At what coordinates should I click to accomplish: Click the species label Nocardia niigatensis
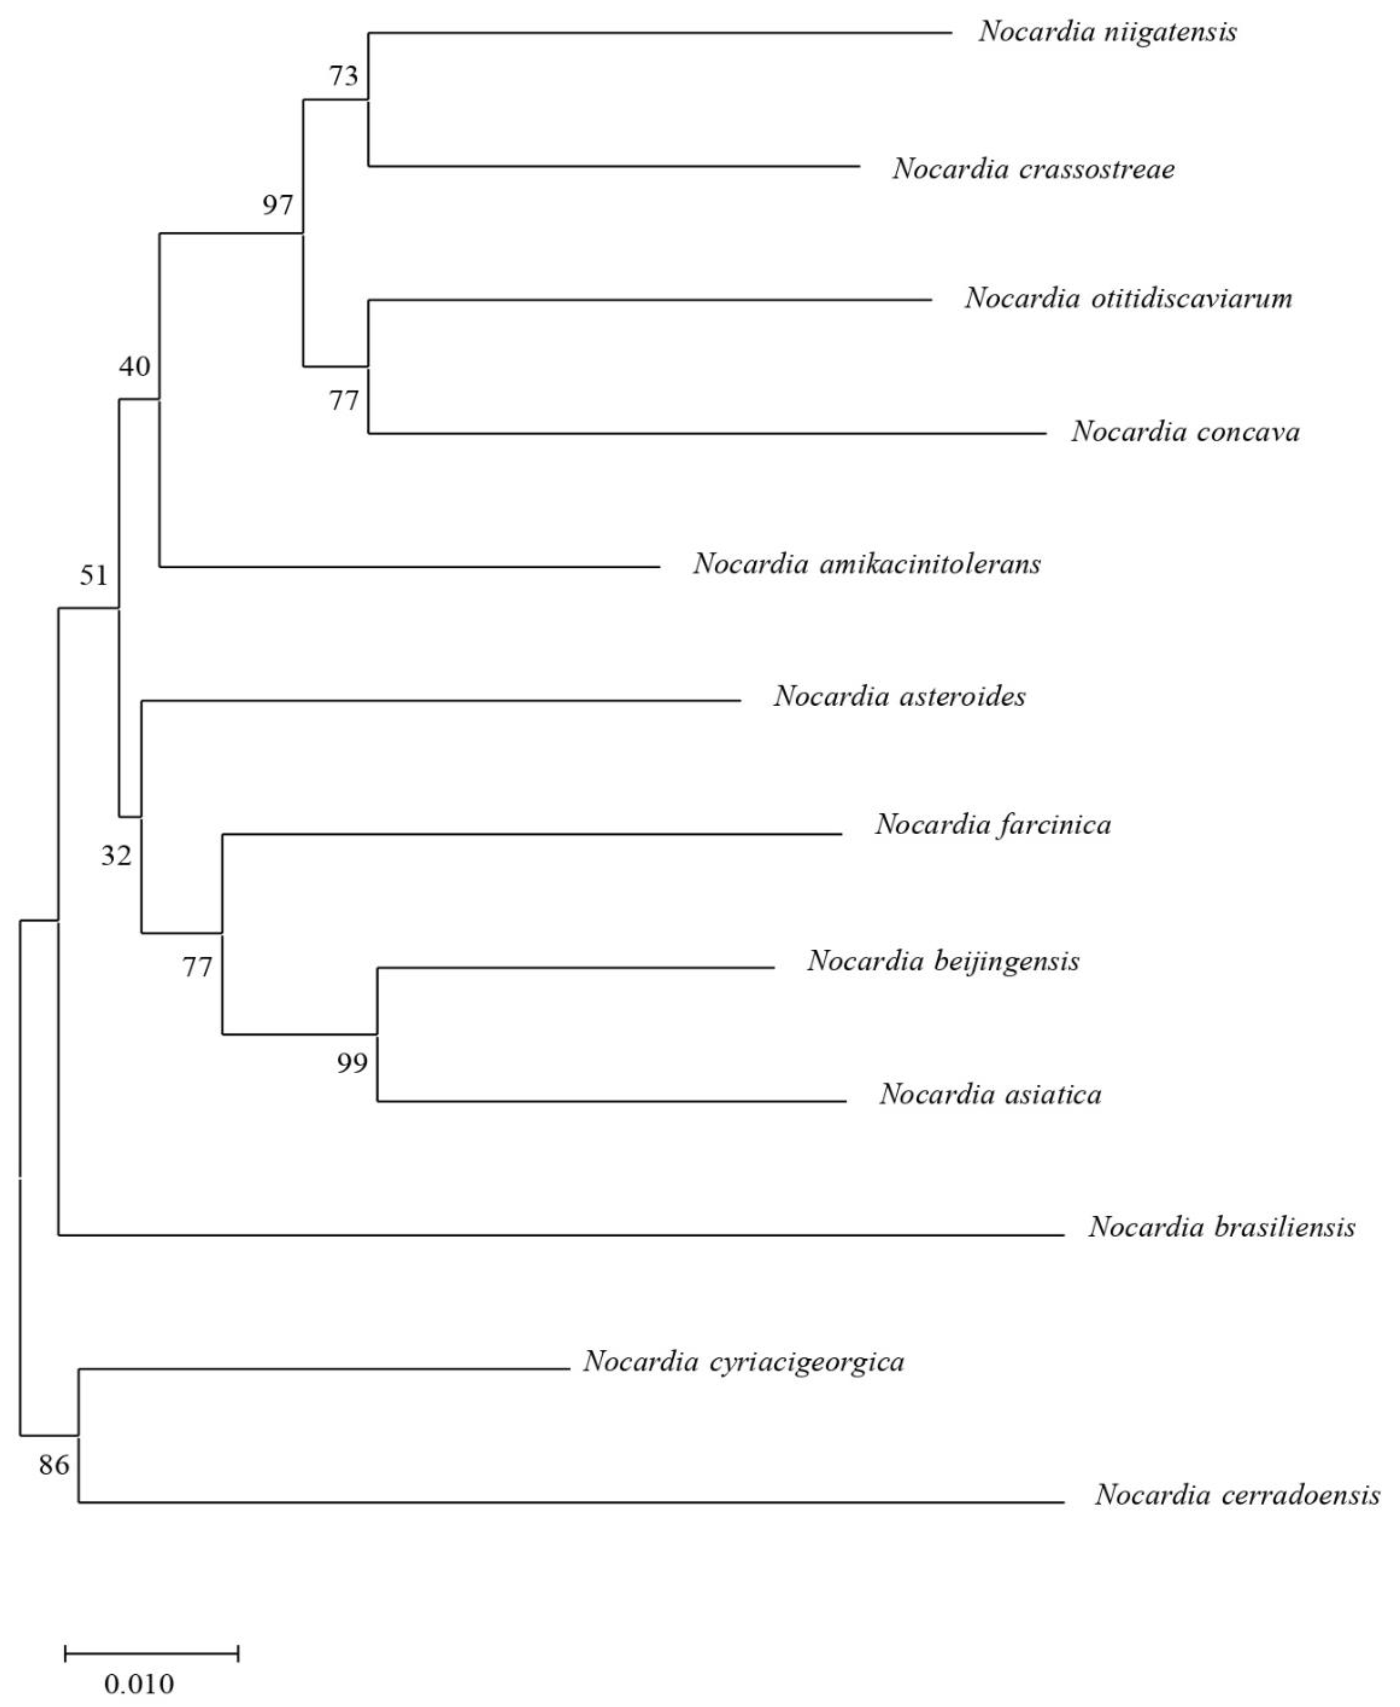1107,32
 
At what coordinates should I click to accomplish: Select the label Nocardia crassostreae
1033,169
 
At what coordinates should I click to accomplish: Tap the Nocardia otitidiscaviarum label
1128,299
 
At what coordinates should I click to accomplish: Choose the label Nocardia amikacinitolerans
867,565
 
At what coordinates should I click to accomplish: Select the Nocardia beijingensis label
943,961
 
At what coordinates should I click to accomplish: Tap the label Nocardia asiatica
990,1094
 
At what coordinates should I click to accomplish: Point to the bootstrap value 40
135,367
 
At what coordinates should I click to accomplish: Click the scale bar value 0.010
139,1684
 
